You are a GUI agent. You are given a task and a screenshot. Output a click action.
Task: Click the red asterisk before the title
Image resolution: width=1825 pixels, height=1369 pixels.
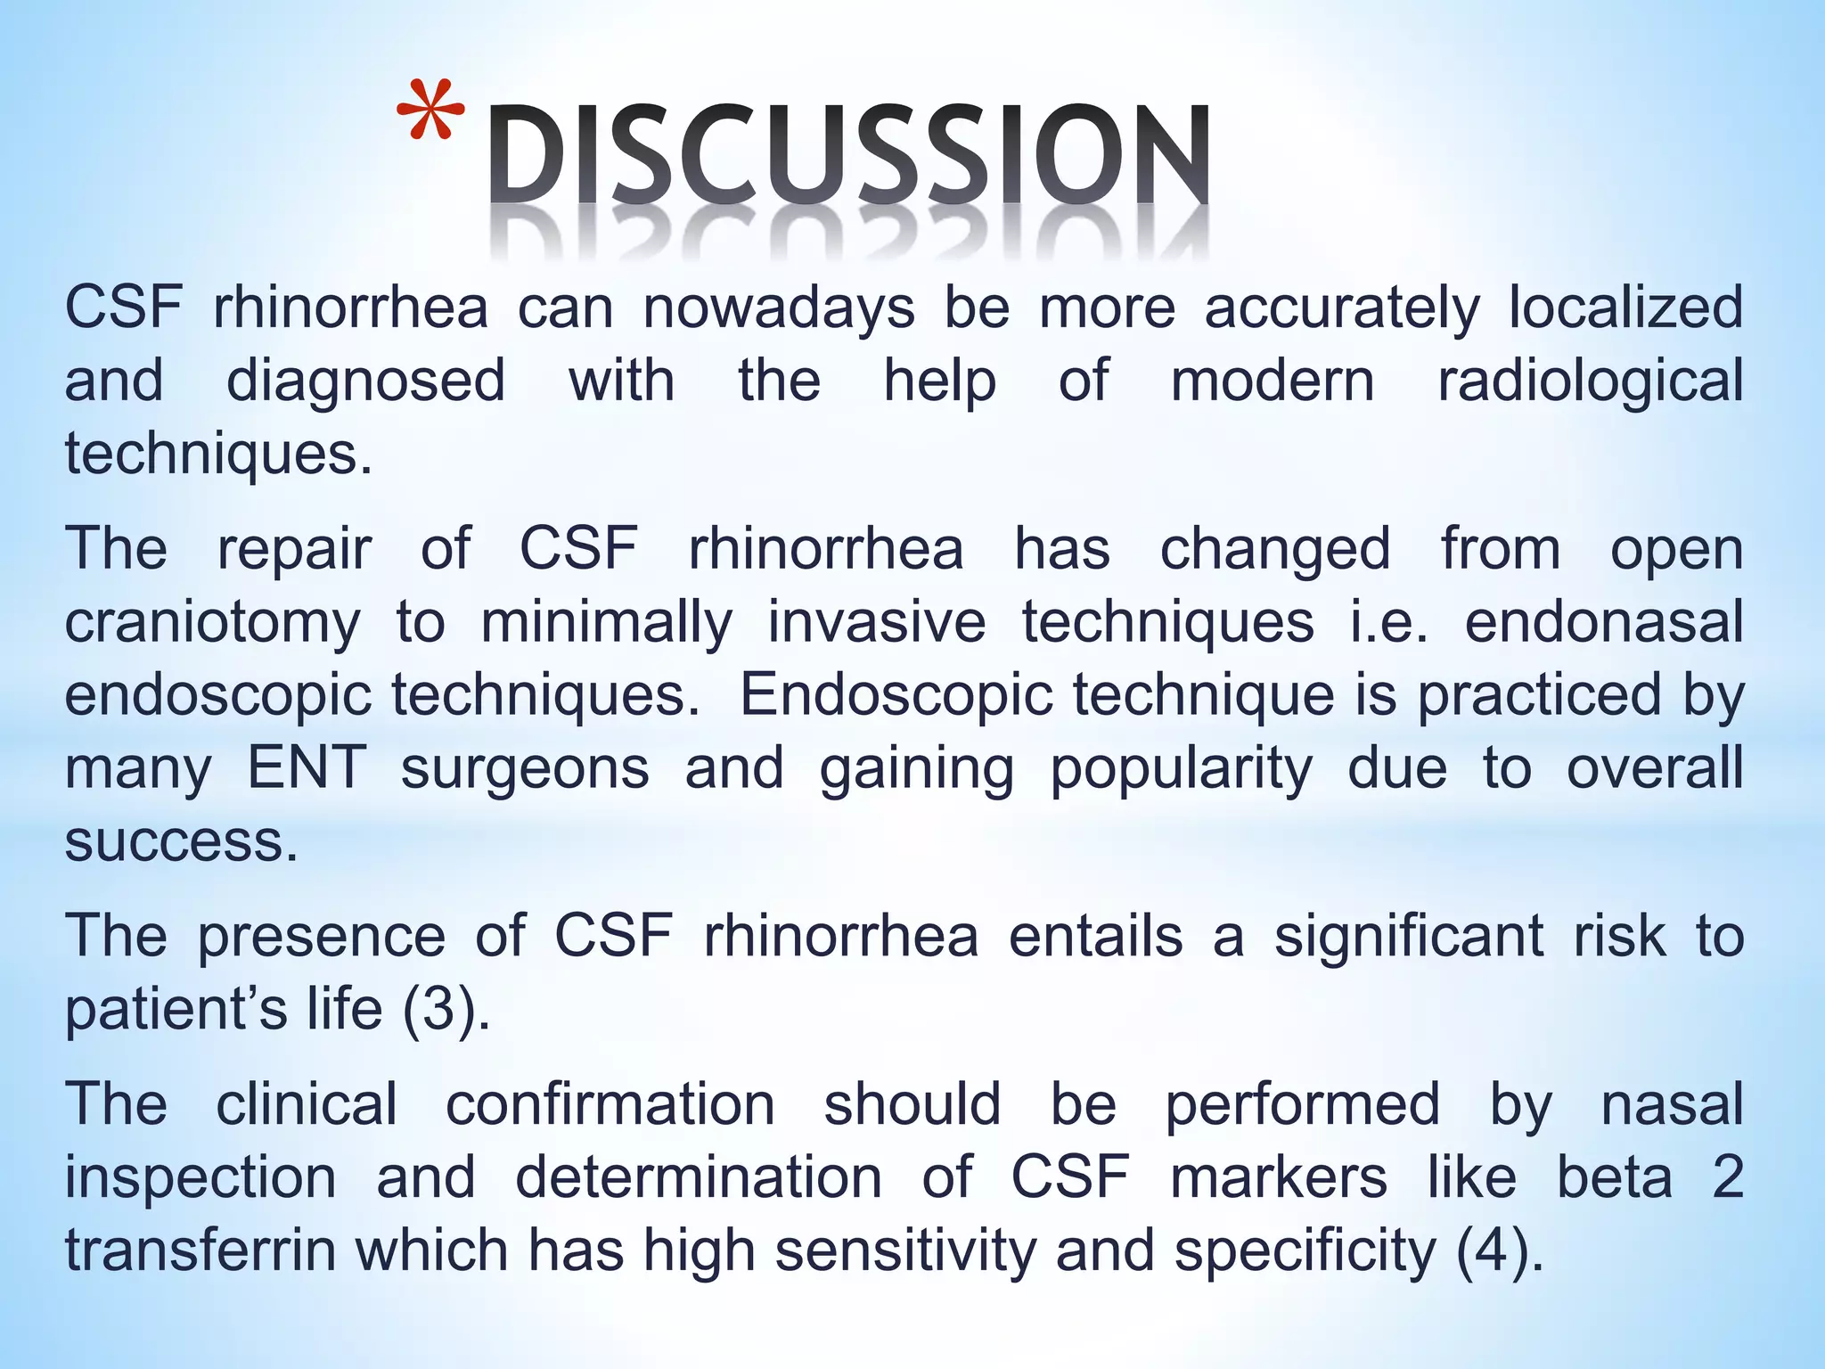(x=430, y=114)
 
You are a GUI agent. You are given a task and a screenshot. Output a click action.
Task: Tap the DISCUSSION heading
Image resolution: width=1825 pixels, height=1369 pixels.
(x=848, y=159)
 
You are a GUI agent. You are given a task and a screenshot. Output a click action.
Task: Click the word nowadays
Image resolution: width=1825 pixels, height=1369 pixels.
(x=779, y=308)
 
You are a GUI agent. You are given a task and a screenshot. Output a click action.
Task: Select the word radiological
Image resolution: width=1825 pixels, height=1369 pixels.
(x=1590, y=381)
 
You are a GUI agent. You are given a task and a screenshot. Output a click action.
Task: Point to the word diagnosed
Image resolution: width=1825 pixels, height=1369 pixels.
(x=365, y=381)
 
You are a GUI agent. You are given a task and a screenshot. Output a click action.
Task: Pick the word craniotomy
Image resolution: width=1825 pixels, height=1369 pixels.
(x=213, y=622)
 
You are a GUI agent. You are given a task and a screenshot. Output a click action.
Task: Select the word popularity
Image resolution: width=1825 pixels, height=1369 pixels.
(x=1181, y=768)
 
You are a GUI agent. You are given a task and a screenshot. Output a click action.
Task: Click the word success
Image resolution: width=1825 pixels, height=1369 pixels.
(x=181, y=840)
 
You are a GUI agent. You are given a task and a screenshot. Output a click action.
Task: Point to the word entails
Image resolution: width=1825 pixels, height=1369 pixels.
(x=1095, y=936)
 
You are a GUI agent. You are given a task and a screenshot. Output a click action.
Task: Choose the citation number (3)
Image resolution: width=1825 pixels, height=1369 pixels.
(x=446, y=1009)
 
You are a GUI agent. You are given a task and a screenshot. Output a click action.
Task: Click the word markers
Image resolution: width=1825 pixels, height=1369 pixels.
(x=1279, y=1176)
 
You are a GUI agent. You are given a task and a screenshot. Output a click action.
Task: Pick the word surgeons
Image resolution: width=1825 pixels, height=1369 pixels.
(x=525, y=768)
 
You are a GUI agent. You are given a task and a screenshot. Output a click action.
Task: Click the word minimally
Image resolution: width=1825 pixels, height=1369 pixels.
(x=607, y=622)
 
